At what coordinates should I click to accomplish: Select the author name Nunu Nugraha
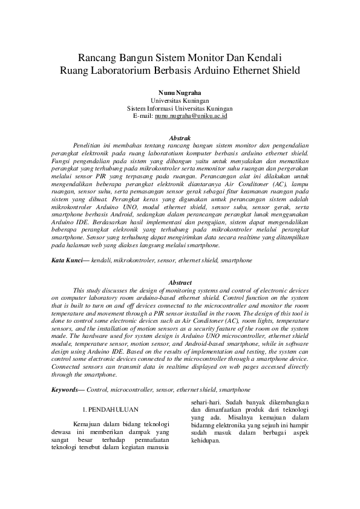point(180,92)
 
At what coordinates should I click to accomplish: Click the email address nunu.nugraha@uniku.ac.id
point(191,115)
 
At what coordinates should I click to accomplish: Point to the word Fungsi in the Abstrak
point(61,162)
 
